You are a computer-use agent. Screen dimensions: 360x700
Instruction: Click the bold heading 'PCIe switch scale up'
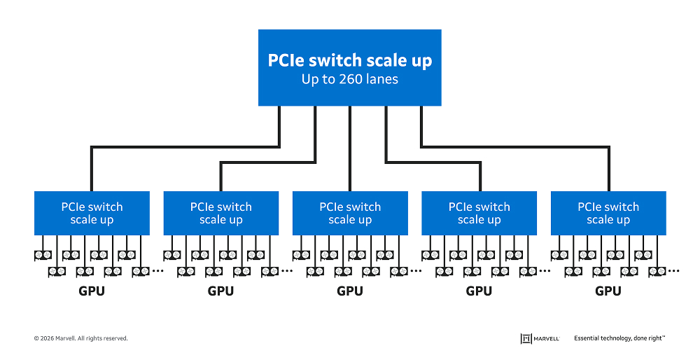point(350,60)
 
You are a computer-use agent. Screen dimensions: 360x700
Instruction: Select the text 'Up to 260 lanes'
point(350,79)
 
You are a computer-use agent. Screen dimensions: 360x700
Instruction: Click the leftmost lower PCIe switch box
point(92,213)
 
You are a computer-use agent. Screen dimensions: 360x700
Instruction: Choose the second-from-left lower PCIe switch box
point(220,213)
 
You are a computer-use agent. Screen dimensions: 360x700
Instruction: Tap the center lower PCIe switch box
point(350,213)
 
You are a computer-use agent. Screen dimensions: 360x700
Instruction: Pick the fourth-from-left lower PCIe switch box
point(479,213)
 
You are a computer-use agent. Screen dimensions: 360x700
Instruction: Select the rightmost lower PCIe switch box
point(608,213)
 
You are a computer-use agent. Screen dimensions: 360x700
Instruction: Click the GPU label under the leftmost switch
point(92,291)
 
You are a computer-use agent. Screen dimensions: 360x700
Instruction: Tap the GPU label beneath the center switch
point(350,291)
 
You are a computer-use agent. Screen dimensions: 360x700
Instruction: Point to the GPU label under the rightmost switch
point(608,291)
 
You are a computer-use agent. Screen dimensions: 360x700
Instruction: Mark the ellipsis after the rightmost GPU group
point(673,270)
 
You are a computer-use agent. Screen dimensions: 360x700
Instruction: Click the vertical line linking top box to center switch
point(350,148)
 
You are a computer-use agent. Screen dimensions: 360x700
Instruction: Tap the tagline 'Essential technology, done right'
point(619,338)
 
